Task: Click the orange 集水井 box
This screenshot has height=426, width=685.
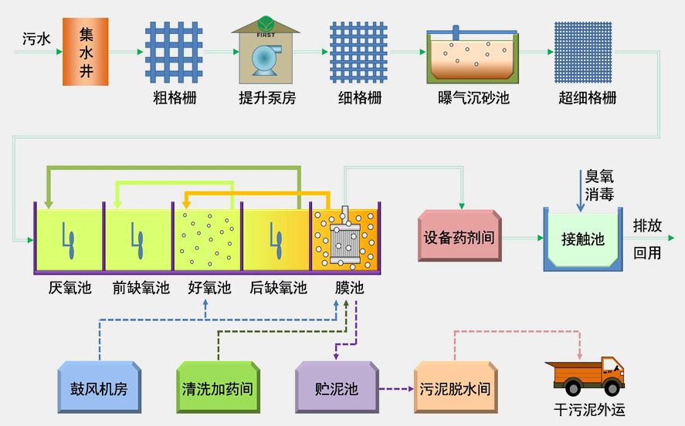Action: point(85,52)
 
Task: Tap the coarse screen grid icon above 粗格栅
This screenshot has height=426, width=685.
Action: point(174,52)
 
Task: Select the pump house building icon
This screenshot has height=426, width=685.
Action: point(266,52)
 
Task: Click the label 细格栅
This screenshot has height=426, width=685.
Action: point(360,99)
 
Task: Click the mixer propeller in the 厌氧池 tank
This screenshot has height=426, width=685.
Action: point(69,240)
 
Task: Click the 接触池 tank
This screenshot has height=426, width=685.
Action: point(583,239)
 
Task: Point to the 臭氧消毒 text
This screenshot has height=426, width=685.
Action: point(599,185)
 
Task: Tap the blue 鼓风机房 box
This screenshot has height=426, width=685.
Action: point(99,387)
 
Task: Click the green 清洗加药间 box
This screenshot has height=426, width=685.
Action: point(216,387)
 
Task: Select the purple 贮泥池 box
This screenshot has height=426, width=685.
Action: point(337,387)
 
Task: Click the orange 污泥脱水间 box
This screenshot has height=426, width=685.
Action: point(454,387)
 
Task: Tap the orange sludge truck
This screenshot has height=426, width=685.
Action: point(585,376)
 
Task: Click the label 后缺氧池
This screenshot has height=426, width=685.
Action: point(278,288)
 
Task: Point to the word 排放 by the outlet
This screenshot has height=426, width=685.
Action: point(647,226)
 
